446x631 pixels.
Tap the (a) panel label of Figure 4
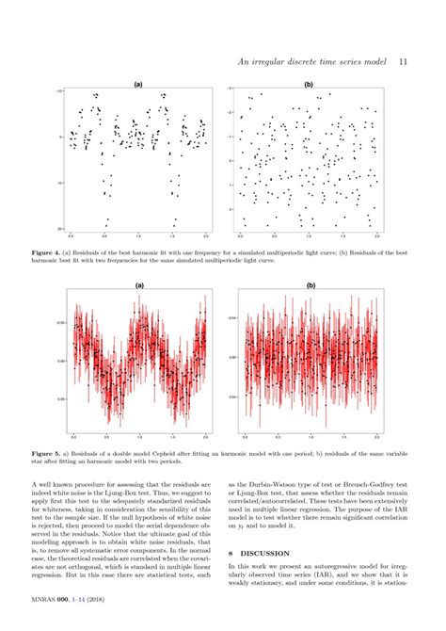138,85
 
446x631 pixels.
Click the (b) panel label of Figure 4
309,85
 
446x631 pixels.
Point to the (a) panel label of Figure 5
138,284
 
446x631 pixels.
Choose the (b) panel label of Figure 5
310,284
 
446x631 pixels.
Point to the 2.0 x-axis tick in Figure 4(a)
206,235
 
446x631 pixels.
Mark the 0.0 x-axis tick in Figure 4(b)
242,235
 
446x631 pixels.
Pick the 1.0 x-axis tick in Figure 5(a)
138,437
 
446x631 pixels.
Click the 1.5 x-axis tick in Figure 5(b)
343,437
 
